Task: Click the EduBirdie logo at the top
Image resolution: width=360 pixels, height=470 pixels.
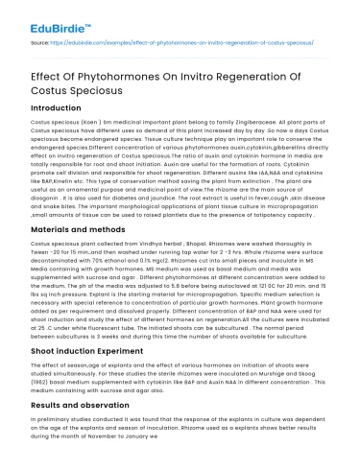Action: pos(47,18)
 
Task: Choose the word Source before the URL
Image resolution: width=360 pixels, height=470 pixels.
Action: pos(40,43)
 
